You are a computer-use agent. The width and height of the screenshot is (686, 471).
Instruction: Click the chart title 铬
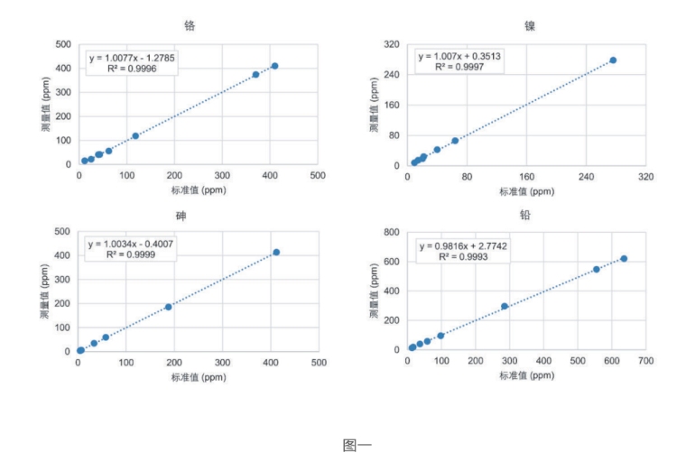(x=189, y=25)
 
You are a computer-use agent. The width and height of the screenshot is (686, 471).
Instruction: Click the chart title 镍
(x=529, y=25)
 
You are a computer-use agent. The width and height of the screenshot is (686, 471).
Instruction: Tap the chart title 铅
(x=524, y=217)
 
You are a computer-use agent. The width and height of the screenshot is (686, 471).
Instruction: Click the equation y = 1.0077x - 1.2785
(x=132, y=57)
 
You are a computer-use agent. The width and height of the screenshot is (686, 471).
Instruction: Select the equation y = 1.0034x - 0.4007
(x=132, y=245)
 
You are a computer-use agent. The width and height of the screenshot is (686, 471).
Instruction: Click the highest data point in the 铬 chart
(x=274, y=66)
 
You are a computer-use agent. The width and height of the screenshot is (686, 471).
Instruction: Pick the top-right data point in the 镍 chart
(x=613, y=60)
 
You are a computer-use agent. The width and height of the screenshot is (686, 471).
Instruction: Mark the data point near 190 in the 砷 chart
(x=169, y=307)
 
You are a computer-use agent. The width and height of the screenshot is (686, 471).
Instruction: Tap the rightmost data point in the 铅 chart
(x=624, y=259)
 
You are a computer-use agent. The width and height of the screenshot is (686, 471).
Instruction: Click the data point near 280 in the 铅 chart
(x=505, y=307)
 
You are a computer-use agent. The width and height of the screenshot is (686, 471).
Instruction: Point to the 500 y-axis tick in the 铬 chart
(x=63, y=43)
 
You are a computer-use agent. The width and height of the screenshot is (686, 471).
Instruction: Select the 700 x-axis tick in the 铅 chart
(x=645, y=362)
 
